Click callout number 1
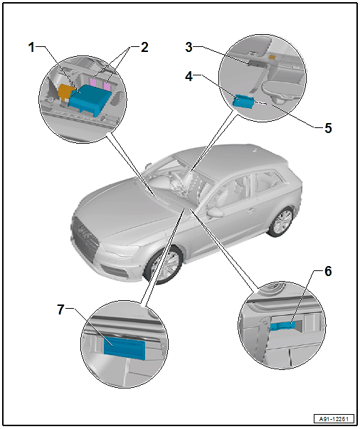click(32, 48)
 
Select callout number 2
click(144, 48)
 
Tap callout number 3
click(189, 47)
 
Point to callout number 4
click(189, 76)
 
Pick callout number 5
click(328, 128)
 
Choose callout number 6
click(328, 271)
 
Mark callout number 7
click(60, 309)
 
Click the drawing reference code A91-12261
click(334, 419)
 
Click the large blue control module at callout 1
click(90, 100)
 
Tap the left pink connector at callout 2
click(93, 82)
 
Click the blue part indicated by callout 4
click(243, 101)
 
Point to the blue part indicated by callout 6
click(283, 326)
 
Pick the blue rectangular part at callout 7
click(125, 349)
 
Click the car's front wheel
click(164, 265)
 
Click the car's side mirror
click(215, 212)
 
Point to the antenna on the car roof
click(255, 150)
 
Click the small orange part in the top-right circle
click(272, 57)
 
